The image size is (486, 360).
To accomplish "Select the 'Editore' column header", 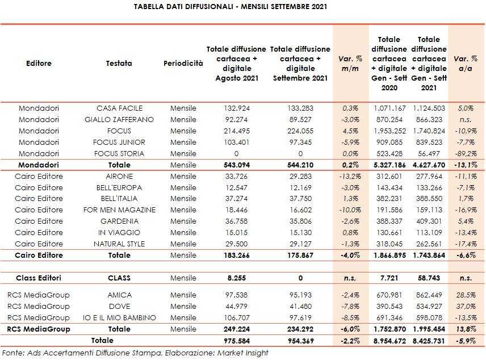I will click(x=39, y=64).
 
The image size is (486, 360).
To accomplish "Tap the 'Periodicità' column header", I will click(x=183, y=64).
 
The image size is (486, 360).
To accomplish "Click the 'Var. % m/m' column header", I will click(x=350, y=64).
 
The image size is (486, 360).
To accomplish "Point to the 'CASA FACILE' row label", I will click(x=119, y=108).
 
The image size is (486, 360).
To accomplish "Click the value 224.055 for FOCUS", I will click(x=300, y=131).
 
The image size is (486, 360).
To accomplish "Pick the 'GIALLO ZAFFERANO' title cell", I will click(x=119, y=120).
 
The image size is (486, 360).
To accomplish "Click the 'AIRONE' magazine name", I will click(x=119, y=177).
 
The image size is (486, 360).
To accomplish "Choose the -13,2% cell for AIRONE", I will click(x=350, y=177).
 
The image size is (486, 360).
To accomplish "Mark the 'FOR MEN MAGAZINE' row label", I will click(x=119, y=210).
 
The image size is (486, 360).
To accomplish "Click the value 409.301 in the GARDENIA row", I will click(x=429, y=221).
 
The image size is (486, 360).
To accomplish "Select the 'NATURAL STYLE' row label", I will click(x=119, y=244).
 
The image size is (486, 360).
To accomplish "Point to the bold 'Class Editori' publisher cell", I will click(x=39, y=278).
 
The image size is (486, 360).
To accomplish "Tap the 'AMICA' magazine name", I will click(x=119, y=295).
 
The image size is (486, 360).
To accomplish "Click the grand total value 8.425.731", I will click(x=429, y=341).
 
